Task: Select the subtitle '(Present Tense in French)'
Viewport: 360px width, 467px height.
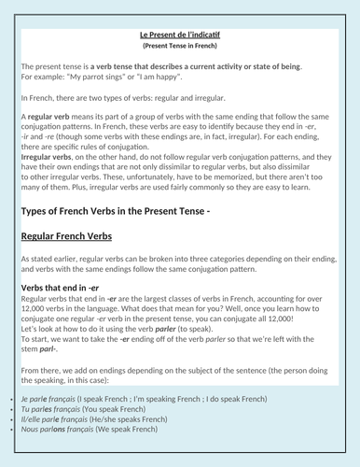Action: coord(179,45)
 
